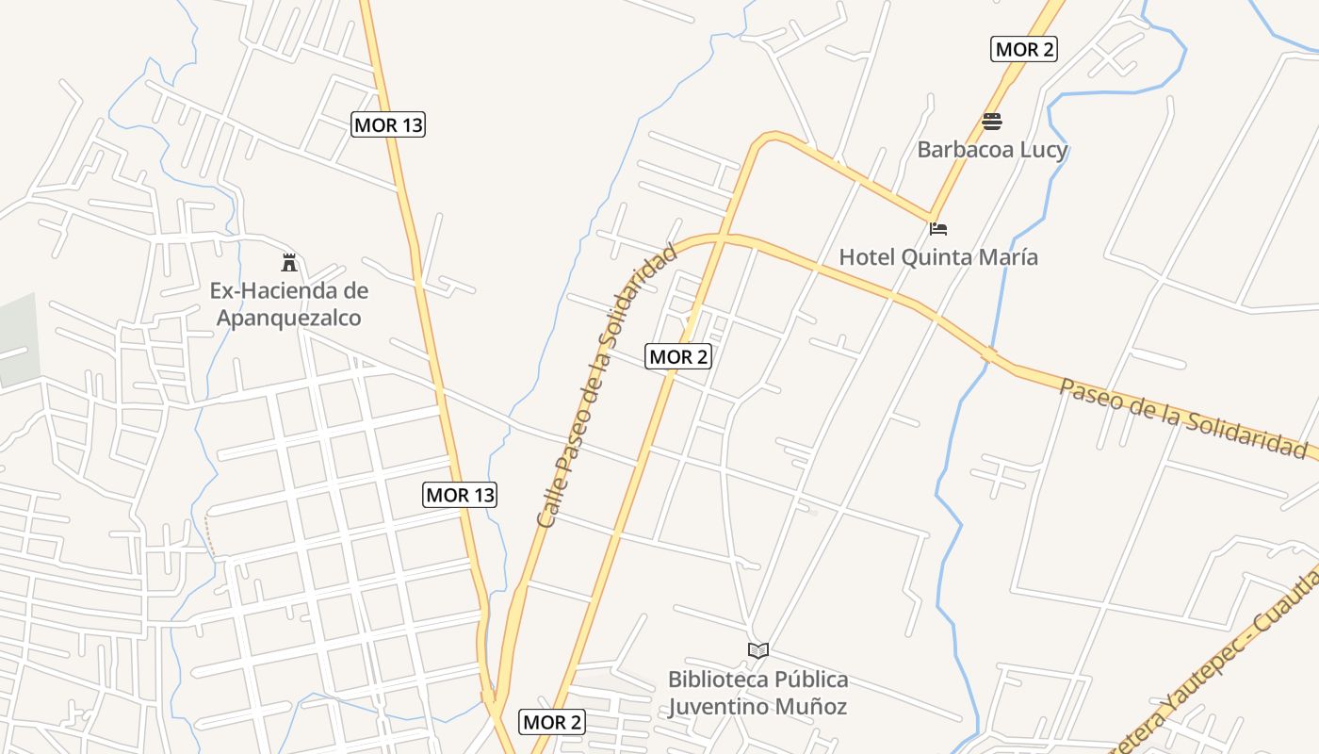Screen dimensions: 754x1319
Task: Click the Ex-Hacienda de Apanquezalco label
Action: tap(288, 304)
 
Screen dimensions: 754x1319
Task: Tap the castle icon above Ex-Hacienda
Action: tap(289, 263)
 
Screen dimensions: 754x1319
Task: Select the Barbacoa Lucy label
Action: tap(992, 150)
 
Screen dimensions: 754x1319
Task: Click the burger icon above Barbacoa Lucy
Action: tap(991, 122)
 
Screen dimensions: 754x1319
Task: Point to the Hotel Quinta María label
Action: tap(938, 256)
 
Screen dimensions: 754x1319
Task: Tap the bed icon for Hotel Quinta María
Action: tap(938, 229)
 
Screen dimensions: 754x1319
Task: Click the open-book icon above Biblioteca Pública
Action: tap(757, 650)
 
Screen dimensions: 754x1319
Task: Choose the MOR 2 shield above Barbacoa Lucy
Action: tap(1024, 50)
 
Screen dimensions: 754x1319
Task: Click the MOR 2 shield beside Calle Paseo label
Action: tap(678, 356)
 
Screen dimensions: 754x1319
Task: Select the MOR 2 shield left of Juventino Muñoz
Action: tap(552, 723)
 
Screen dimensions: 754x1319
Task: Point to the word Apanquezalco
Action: tap(288, 319)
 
